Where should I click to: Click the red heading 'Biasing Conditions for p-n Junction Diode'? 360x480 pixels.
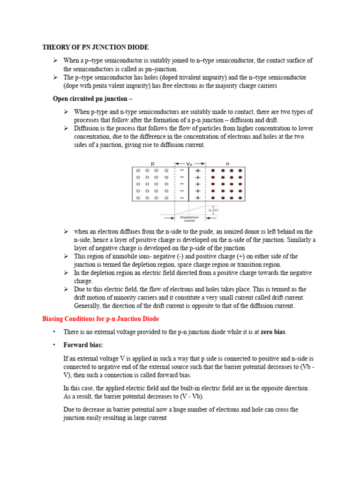[101, 319]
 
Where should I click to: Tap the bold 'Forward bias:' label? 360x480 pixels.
[83, 345]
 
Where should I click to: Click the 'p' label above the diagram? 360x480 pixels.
[152, 164]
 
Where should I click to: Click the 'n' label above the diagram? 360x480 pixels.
[227, 164]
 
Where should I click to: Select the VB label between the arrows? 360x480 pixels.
[189, 164]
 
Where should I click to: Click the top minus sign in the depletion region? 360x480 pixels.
[182, 171]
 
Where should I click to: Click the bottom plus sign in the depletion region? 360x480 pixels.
[197, 198]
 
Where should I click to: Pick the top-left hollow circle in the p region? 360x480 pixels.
[138, 171]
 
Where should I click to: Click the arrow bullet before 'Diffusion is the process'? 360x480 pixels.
[67, 128]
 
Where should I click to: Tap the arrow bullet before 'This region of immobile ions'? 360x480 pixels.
[67, 256]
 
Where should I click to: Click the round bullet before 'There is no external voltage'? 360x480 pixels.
[54, 332]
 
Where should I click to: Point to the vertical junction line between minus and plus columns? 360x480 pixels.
[189, 185]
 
